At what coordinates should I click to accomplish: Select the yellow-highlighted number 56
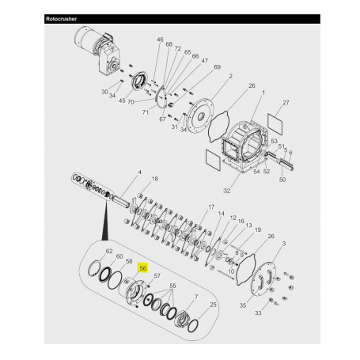pyautogui.click(x=142, y=268)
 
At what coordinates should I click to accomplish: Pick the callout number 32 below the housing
pyautogui.click(x=227, y=190)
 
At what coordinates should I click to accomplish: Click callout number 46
pyautogui.click(x=159, y=40)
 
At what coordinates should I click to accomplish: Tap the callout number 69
pyautogui.click(x=195, y=68)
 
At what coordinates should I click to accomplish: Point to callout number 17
pyautogui.click(x=211, y=207)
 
